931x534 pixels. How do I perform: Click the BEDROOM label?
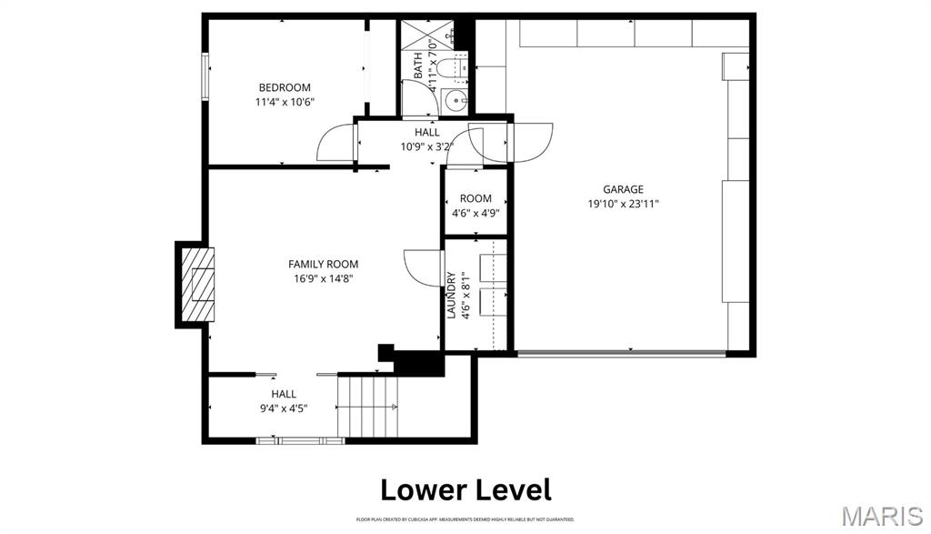click(285, 87)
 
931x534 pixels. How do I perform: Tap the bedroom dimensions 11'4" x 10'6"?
click(285, 103)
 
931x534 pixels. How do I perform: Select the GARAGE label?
click(623, 189)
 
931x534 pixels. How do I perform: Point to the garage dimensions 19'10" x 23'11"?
click(623, 205)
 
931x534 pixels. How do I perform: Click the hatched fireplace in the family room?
click(197, 284)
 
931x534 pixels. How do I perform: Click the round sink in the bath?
click(454, 99)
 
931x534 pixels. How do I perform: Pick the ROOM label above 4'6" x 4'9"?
click(476, 198)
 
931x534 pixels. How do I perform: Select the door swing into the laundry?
click(421, 266)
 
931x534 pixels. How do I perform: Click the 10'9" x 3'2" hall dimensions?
click(426, 146)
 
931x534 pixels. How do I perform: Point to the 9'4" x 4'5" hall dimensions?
click(284, 408)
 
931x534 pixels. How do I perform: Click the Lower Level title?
click(465, 489)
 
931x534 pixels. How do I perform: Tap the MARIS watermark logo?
click(881, 516)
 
